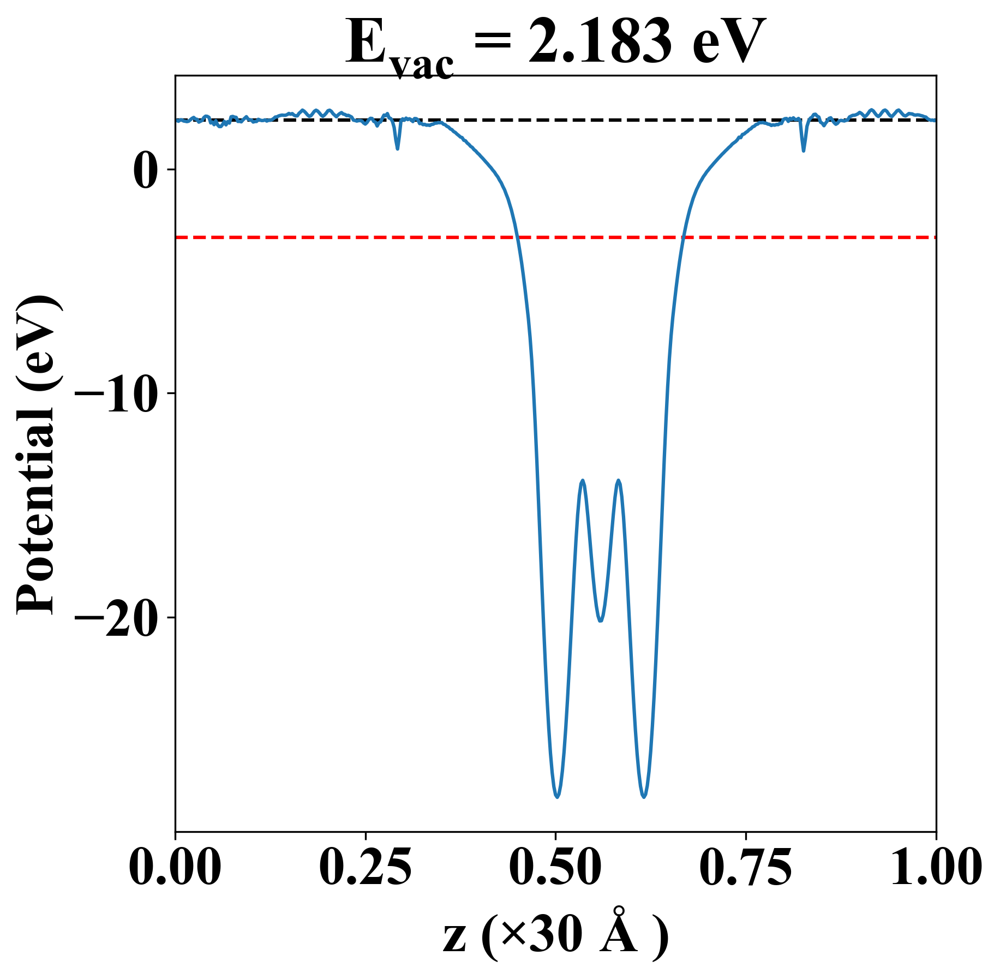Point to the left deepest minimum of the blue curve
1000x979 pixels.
tap(557, 797)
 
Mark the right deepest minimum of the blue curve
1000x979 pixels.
tap(644, 797)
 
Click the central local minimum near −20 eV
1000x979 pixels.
tap(601, 621)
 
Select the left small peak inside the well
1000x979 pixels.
tap(583, 481)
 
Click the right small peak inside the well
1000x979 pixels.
tap(618, 481)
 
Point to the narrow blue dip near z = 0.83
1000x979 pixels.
tap(804, 150)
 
